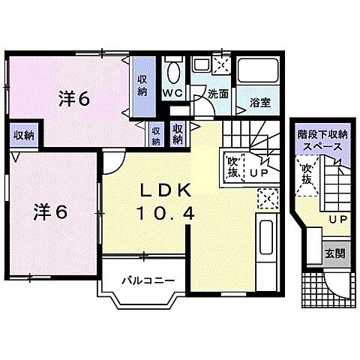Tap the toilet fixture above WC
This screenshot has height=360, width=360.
click(173, 71)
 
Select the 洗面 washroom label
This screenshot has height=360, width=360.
click(218, 94)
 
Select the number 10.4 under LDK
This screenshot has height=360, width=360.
click(166, 212)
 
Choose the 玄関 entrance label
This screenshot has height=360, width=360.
click(334, 253)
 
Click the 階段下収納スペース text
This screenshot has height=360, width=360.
click(323, 141)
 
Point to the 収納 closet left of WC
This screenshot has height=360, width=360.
click(142, 86)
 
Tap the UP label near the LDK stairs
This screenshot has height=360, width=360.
click(259, 172)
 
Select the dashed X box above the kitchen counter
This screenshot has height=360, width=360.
click(267, 199)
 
